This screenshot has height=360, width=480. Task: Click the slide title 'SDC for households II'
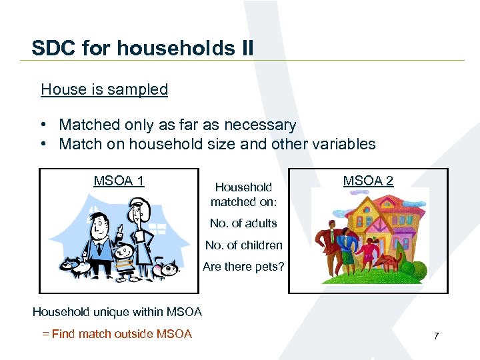coord(142,49)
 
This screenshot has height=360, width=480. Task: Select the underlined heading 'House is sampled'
coord(104,89)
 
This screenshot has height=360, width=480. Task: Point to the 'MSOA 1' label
coord(119,181)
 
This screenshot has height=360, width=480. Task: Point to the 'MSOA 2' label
coord(368,181)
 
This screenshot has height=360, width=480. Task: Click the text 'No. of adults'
coord(243,223)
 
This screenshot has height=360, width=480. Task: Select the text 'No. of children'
coord(243,245)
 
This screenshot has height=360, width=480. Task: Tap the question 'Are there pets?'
coord(243,267)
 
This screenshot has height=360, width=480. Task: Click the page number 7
coord(436,336)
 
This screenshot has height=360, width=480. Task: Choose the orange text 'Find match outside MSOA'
coord(121,334)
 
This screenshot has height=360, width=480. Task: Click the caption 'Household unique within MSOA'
coord(117,311)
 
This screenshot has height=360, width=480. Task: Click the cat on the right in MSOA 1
coord(163,269)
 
